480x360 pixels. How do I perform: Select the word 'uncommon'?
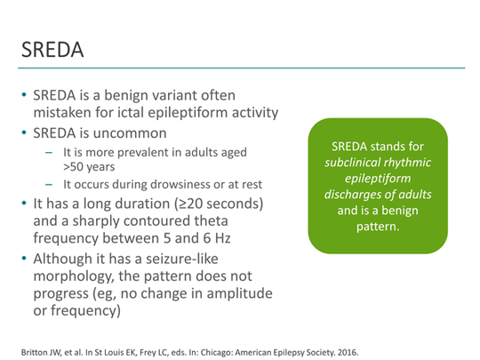[134, 133]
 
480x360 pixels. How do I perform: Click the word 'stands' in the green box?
[396, 145]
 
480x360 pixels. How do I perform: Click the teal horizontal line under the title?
[240, 68]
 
